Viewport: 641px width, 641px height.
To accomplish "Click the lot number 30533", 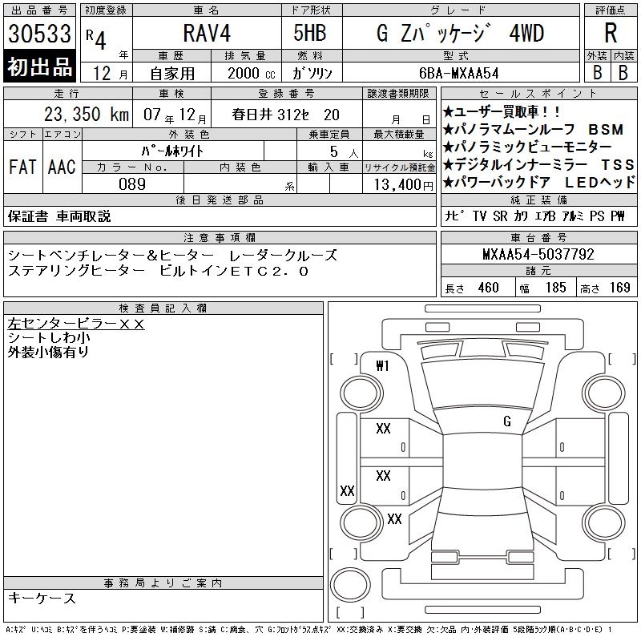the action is tap(39, 34).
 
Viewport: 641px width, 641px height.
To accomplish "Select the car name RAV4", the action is tap(207, 33).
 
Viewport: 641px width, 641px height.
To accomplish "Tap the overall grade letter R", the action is tap(611, 33).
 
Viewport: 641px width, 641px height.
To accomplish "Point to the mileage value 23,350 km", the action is tap(87, 114).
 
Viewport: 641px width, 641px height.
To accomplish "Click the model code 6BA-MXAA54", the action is tap(458, 73).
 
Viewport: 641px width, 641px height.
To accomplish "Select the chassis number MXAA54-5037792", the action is tap(538, 254).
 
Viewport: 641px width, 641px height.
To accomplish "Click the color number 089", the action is tap(132, 184).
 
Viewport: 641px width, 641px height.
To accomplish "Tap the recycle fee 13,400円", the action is tap(404, 185).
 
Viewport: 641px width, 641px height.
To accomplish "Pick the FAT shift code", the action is tap(22, 167).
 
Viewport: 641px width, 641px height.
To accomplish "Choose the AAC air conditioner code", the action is tap(62, 167).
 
